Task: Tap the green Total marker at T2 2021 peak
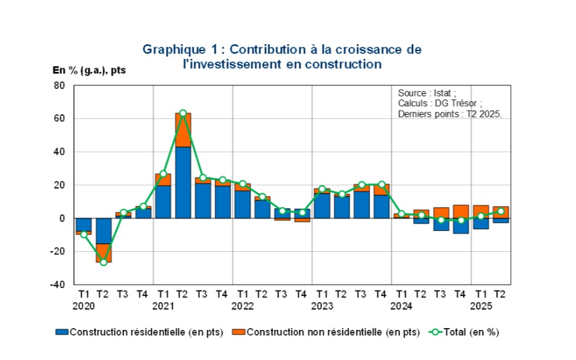coord(183,113)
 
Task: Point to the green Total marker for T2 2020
coord(103,262)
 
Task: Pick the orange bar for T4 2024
coord(461,211)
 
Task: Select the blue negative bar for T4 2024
coord(461,225)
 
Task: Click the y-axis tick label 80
coord(60,85)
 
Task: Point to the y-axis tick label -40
coord(57,284)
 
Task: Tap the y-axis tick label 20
coord(60,185)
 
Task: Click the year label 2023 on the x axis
coord(322,305)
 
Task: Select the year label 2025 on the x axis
coord(481,305)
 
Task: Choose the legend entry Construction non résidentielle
coord(326,332)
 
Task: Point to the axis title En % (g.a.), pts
coord(89,70)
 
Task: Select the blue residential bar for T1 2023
coord(322,206)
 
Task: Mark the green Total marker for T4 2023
coord(382,184)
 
